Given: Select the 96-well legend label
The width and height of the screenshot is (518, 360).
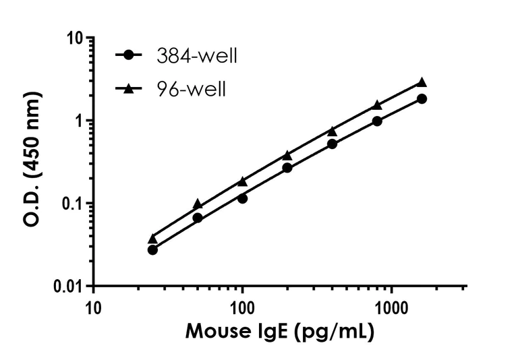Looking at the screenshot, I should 193,88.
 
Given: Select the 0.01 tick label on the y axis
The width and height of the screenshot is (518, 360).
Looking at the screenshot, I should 68,287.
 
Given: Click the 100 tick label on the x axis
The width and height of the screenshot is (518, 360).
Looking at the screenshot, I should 242,309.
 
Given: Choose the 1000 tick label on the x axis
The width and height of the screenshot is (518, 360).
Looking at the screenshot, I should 390,309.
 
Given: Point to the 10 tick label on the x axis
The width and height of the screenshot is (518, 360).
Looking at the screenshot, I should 94,309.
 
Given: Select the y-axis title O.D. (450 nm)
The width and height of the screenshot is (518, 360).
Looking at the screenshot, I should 34,162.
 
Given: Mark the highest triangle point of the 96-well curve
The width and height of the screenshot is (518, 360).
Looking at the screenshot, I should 422,82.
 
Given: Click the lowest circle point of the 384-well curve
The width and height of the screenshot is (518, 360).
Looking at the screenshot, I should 152,249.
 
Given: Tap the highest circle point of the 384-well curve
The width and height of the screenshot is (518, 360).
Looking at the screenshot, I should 422,98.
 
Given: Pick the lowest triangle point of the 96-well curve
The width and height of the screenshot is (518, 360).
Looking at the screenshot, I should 152,238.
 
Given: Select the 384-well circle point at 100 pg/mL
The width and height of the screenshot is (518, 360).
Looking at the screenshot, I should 242,198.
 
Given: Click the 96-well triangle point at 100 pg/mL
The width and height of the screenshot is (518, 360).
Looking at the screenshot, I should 242,181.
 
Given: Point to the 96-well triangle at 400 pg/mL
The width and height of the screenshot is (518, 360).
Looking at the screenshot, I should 332,131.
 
